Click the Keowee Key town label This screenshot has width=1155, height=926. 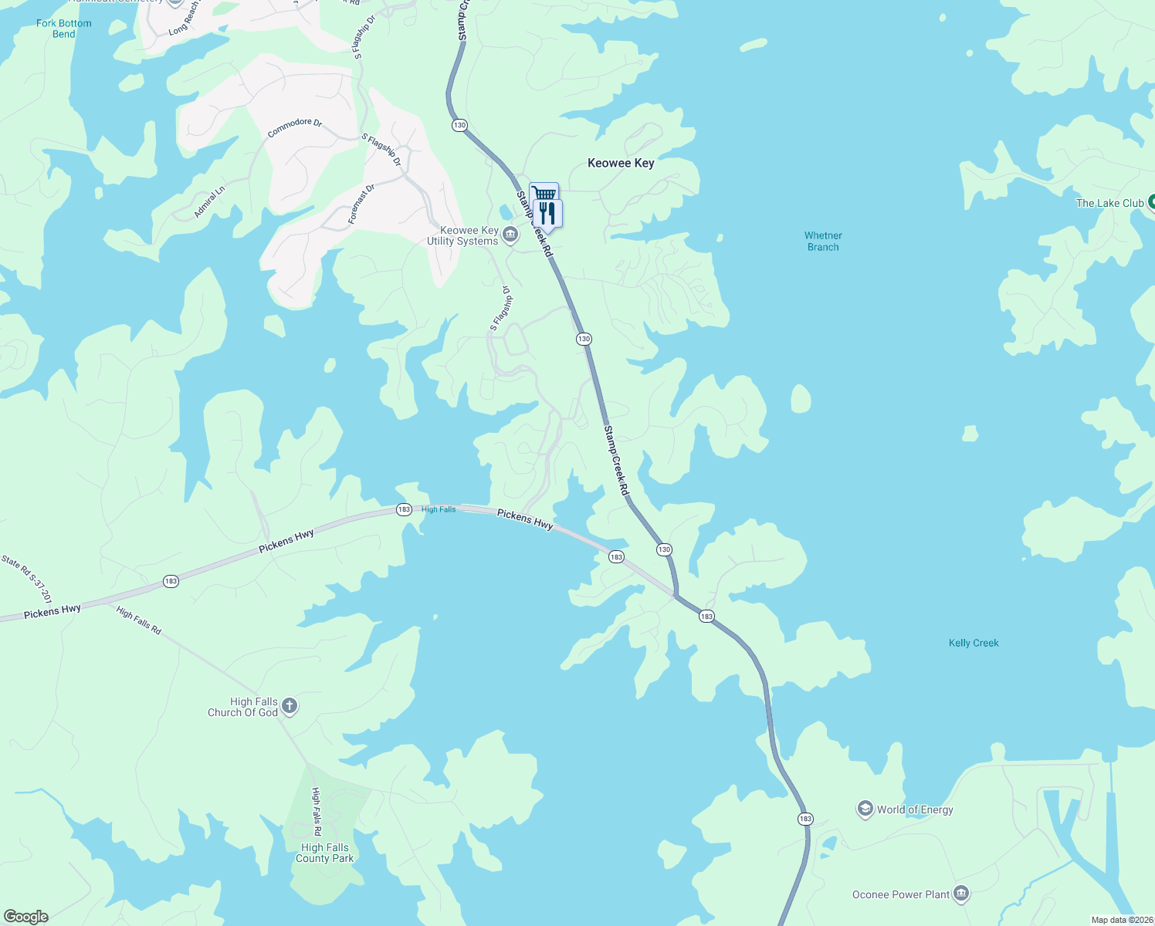(621, 163)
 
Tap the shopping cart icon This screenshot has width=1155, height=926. (544, 193)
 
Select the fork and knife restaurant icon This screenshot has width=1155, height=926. (547, 213)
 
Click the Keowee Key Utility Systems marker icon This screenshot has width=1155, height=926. (510, 235)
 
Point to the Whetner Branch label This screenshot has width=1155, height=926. (823, 242)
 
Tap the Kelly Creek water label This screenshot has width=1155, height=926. (974, 643)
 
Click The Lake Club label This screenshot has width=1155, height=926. (1109, 203)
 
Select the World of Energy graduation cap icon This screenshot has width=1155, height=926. (865, 809)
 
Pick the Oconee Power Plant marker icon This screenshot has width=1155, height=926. (961, 894)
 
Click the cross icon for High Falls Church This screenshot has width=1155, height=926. (290, 705)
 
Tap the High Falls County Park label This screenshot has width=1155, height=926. (324, 853)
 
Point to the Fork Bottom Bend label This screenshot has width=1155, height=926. (63, 29)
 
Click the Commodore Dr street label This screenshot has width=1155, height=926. (294, 127)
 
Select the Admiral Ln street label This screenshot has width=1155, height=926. (209, 201)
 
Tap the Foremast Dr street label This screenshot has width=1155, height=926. (361, 204)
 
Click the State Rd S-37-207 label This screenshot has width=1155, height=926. (27, 579)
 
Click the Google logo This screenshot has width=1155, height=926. (26, 917)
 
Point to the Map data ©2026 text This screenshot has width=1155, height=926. (1122, 920)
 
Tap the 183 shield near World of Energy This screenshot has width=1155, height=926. (805, 819)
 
